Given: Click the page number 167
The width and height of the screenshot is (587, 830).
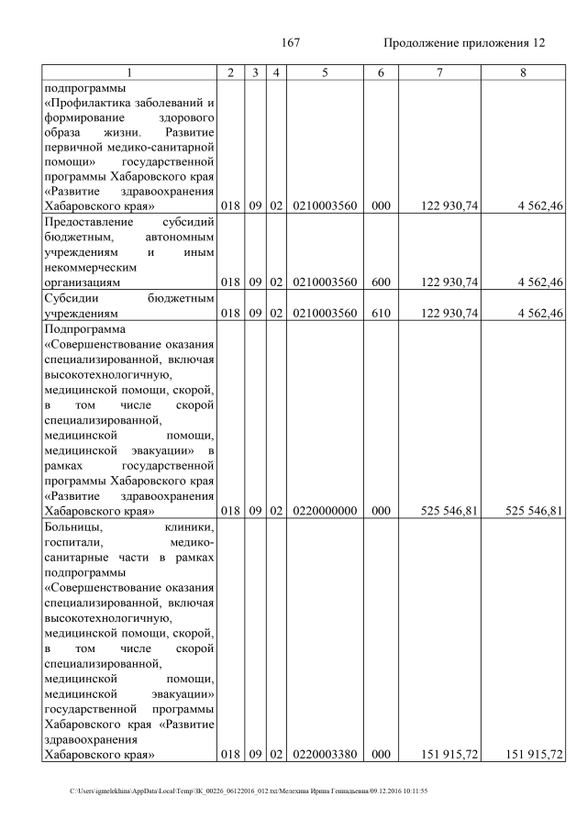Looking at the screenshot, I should (x=291, y=43).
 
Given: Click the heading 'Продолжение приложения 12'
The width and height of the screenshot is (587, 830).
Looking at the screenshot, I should (x=464, y=43).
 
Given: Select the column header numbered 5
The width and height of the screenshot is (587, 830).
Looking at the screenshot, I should (x=325, y=72).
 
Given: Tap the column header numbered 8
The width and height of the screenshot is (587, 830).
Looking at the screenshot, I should (x=522, y=72).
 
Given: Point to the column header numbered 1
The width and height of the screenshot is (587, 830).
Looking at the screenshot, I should (x=128, y=72).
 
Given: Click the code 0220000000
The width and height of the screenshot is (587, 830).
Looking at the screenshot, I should (x=325, y=511).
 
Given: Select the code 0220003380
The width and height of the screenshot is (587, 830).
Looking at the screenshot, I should (x=325, y=754).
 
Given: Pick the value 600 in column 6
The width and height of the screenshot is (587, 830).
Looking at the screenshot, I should (x=376, y=282).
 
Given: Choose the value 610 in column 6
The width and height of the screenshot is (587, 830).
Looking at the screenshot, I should (x=376, y=313).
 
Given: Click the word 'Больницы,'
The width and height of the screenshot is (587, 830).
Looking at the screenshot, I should (x=72, y=526).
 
